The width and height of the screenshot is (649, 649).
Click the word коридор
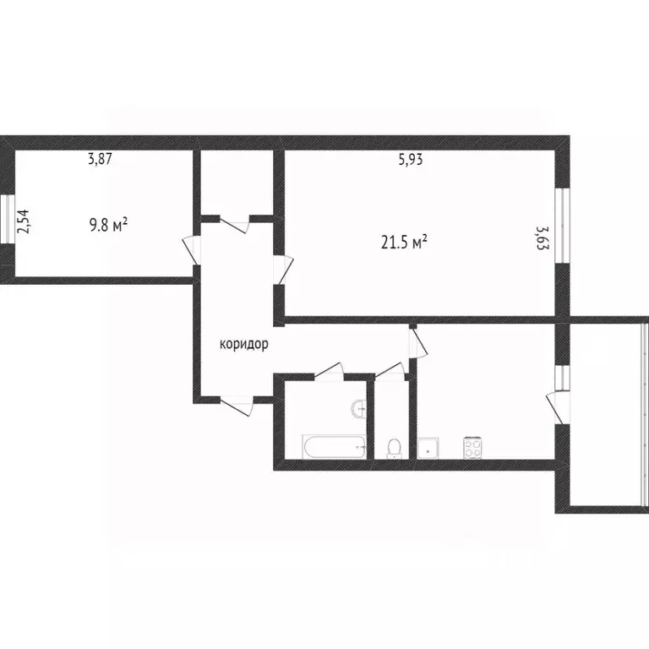(x=244, y=344)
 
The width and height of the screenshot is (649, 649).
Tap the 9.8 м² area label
(x=108, y=226)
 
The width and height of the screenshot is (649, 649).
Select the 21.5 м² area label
(x=404, y=243)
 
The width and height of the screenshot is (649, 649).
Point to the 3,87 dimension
(x=101, y=158)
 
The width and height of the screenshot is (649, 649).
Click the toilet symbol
(x=393, y=447)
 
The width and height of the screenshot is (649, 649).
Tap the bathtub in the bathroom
(x=335, y=446)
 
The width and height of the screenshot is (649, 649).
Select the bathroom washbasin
(x=359, y=409)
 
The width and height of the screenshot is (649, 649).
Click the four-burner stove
(x=472, y=445)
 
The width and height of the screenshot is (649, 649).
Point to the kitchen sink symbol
(x=428, y=448)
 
